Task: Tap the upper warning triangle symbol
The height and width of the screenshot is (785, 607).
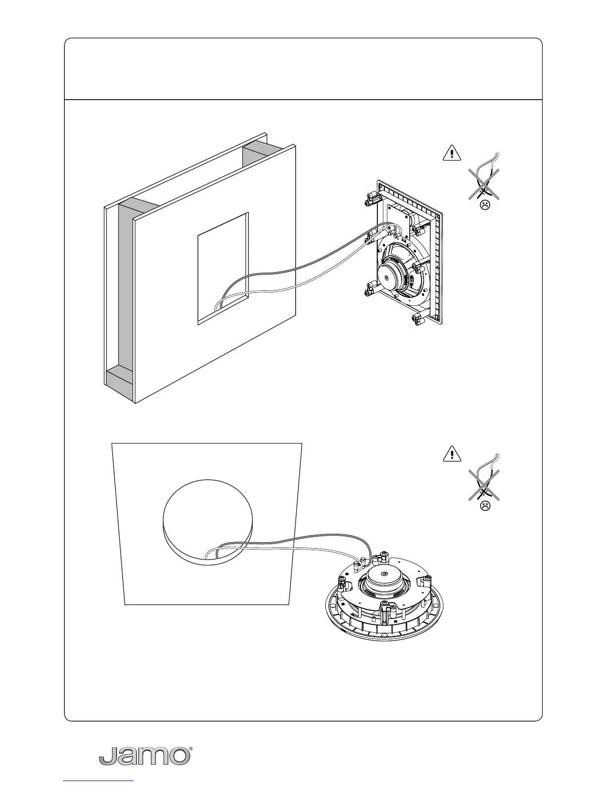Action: click(x=451, y=153)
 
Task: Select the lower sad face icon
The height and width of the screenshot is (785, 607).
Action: click(x=485, y=506)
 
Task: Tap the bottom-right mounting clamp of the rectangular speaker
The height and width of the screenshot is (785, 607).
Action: click(x=418, y=320)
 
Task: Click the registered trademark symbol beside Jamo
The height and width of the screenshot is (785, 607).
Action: click(x=191, y=748)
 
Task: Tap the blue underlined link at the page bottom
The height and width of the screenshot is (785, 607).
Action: click(x=99, y=782)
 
